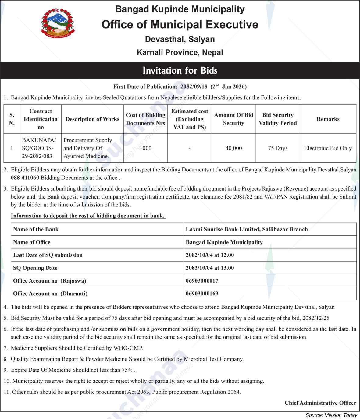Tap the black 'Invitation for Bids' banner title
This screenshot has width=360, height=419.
point(180,71)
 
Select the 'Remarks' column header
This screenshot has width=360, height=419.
point(328,119)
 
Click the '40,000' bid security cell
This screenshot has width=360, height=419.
point(233,148)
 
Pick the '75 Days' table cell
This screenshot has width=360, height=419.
point(278,148)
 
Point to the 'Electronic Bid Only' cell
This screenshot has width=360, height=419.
point(328,148)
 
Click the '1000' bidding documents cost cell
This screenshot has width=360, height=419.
point(145,148)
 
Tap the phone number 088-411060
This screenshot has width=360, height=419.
point(25,178)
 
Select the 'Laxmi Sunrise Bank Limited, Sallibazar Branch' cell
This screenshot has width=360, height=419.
point(247,229)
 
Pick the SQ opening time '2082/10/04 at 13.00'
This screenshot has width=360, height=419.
point(210,268)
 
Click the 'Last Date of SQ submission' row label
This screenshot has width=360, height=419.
point(48,255)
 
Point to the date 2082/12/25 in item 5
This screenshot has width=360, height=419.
point(316,318)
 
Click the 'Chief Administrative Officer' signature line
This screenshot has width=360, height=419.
point(320,403)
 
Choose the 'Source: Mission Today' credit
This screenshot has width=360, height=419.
point(331,415)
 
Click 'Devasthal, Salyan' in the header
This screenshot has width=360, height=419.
point(180,39)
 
